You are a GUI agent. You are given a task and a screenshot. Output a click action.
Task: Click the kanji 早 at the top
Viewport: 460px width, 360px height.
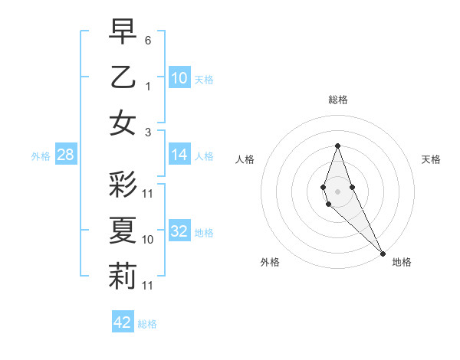click(x=123, y=32)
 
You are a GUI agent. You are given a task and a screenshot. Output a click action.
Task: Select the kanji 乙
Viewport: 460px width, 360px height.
click(x=123, y=77)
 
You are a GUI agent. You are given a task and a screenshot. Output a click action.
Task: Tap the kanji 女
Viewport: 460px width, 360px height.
click(x=123, y=123)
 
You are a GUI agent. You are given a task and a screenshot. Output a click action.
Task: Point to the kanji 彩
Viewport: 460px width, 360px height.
click(x=123, y=184)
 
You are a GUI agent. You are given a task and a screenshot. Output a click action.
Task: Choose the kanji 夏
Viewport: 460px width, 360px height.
click(x=123, y=230)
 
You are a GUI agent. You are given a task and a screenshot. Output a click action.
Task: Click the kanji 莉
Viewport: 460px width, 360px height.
click(x=123, y=276)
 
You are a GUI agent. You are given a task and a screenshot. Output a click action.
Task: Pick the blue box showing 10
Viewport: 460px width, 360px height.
click(x=179, y=78)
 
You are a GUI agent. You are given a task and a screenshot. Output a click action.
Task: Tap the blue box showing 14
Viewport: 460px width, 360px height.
click(x=179, y=155)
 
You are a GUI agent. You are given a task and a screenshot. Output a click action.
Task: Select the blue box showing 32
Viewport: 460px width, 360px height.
click(x=179, y=231)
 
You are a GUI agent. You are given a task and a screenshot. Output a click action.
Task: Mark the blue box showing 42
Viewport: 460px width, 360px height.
click(x=123, y=322)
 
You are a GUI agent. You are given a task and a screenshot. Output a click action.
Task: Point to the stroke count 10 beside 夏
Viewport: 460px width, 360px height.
click(x=148, y=240)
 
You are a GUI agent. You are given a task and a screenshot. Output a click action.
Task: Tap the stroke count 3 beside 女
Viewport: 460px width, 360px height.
click(x=148, y=132)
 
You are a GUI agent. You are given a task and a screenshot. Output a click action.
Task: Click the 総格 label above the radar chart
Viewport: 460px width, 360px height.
click(x=337, y=100)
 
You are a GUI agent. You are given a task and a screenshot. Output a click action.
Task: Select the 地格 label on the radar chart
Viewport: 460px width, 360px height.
click(x=402, y=262)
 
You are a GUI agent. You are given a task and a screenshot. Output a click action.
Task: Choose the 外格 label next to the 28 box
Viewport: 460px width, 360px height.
click(x=41, y=156)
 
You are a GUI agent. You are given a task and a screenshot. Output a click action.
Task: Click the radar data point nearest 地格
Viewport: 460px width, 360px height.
click(x=382, y=252)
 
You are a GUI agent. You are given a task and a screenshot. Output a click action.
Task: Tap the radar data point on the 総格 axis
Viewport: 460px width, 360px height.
click(x=337, y=146)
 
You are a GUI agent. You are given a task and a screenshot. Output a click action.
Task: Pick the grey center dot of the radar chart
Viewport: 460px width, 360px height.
click(x=337, y=190)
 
